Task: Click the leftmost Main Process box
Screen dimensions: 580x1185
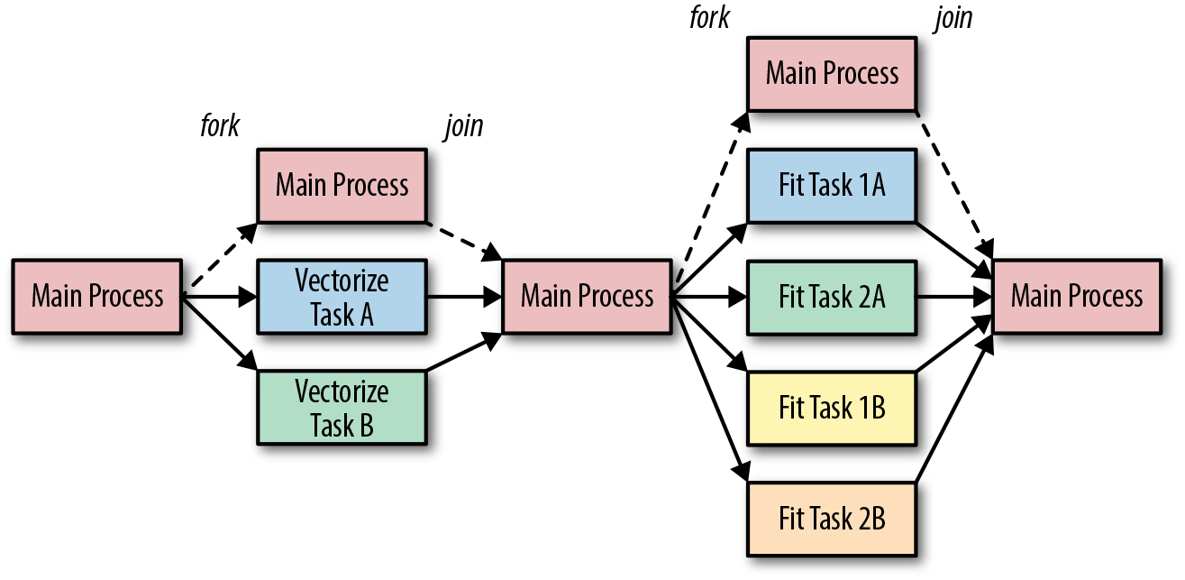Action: (97, 296)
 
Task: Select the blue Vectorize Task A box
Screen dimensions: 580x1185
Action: (342, 296)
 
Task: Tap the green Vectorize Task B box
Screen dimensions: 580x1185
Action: (342, 408)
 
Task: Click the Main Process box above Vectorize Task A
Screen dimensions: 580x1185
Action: (342, 186)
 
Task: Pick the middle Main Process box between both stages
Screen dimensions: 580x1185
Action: (587, 296)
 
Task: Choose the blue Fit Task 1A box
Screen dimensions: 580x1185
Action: (831, 186)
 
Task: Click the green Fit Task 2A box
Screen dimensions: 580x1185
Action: (831, 296)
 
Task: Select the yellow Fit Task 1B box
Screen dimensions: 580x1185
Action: (831, 408)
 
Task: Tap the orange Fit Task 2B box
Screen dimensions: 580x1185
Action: (831, 519)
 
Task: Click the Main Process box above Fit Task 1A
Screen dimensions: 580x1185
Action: (831, 74)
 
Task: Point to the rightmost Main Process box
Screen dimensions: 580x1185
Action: (1077, 296)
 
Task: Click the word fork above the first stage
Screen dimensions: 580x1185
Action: (220, 125)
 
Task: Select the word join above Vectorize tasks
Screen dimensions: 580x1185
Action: (463, 125)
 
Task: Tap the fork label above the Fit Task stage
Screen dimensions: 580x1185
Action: (709, 18)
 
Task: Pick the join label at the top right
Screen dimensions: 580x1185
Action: (953, 18)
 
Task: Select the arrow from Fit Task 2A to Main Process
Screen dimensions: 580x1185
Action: (953, 296)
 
